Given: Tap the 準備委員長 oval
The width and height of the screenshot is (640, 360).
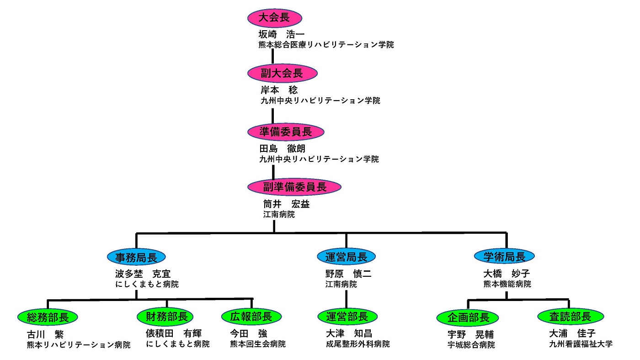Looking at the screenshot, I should [286, 132].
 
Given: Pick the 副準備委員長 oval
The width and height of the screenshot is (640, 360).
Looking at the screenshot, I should [294, 187].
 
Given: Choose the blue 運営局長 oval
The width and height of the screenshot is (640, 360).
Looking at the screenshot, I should [346, 257].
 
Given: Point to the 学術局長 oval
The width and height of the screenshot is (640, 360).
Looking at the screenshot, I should [504, 257].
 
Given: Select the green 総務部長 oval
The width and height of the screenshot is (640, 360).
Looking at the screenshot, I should [47, 317].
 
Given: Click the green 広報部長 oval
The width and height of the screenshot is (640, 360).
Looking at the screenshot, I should [251, 317].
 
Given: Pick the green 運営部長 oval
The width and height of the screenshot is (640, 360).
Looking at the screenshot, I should [347, 317].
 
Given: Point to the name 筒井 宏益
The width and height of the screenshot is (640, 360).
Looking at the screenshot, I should [286, 204].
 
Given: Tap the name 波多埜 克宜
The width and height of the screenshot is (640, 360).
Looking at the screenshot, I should [143, 274].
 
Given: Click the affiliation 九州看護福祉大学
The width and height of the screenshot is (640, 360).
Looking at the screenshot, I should [581, 344].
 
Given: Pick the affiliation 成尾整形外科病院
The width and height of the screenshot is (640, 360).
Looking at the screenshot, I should [355, 344].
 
